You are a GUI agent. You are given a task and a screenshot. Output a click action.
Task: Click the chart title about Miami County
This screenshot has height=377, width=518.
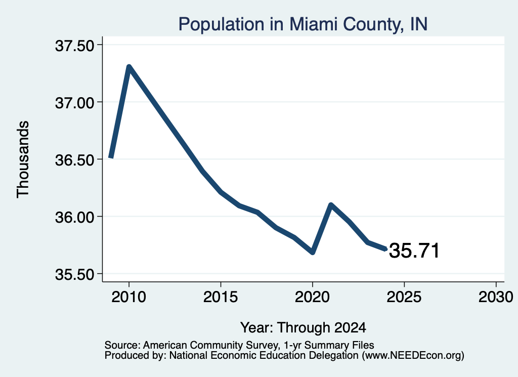tap(303, 24)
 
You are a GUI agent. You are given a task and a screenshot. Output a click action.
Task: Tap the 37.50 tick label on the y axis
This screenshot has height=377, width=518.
tap(75, 46)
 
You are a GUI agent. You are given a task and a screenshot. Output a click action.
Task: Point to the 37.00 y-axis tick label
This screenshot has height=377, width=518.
tap(75, 103)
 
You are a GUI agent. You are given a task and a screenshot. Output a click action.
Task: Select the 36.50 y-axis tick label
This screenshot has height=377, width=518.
tap(75, 160)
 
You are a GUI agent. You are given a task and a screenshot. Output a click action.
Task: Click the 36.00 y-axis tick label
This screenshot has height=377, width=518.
tap(75, 218)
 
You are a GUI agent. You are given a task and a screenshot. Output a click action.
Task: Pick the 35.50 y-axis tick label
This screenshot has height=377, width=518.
tap(75, 275)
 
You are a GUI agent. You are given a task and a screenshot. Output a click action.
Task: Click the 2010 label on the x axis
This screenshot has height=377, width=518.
tap(129, 297)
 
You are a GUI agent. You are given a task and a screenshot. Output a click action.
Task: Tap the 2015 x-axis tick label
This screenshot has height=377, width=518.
tap(221, 297)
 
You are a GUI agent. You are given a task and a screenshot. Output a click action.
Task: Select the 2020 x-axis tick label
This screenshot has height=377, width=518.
tap(312, 297)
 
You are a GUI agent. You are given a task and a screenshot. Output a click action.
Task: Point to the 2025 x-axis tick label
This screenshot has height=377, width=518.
tap(404, 297)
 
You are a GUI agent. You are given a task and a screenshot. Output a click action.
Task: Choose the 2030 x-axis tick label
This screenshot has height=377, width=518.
tap(496, 297)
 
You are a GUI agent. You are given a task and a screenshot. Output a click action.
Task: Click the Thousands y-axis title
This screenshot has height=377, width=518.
tap(23, 159)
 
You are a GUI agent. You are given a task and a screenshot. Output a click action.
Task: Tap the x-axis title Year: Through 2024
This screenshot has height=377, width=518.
tap(303, 327)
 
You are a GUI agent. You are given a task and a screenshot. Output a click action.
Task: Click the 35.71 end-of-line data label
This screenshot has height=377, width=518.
tap(414, 250)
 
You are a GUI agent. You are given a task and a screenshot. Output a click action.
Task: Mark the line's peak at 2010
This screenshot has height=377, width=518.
tap(129, 67)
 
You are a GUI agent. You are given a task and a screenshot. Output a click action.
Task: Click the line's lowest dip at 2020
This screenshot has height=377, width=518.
tap(313, 253)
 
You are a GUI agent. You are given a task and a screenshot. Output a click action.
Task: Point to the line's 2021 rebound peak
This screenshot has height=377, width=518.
tap(331, 205)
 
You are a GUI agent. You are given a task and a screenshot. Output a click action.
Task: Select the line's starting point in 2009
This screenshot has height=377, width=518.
tap(111, 157)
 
